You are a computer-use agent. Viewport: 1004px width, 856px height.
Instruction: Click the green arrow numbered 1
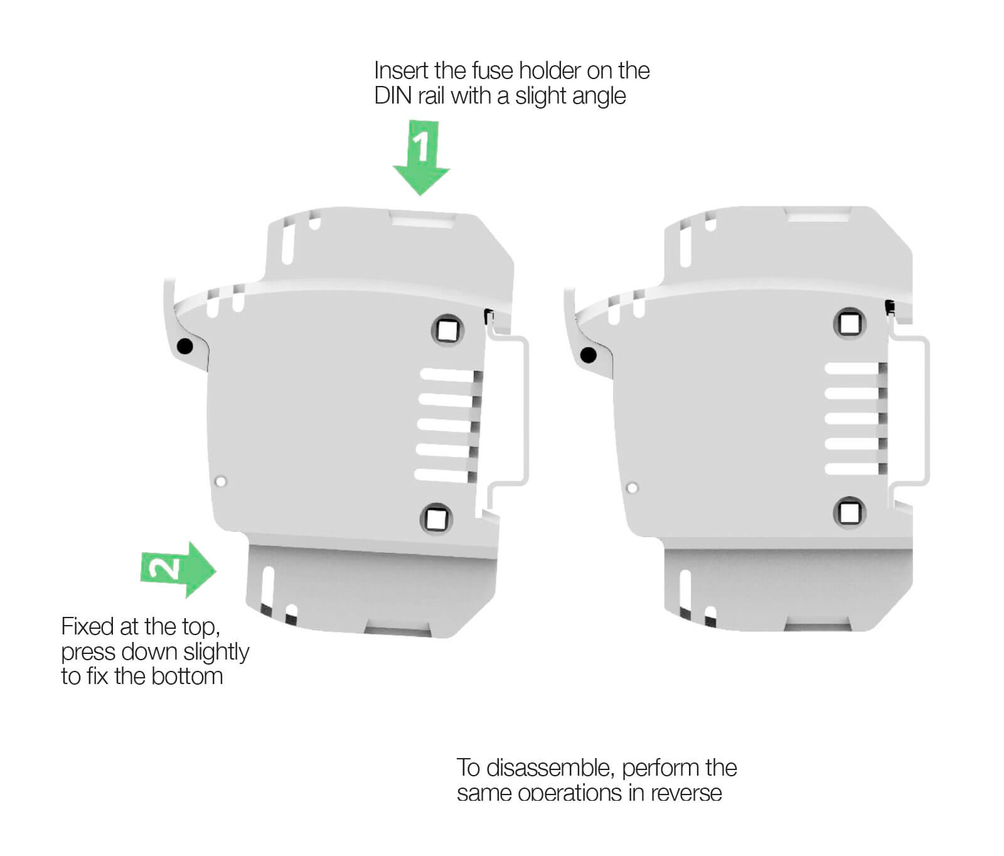(421, 159)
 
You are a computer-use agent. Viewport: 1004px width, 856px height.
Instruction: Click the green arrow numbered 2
(179, 569)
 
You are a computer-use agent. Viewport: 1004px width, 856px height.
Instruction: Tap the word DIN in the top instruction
(392, 96)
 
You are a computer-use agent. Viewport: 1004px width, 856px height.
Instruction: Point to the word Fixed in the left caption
(87, 626)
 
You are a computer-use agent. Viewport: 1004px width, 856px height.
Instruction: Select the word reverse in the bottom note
(686, 794)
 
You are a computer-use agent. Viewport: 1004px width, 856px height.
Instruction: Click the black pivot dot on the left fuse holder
(185, 346)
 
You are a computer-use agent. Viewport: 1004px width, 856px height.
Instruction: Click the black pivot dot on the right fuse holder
(589, 355)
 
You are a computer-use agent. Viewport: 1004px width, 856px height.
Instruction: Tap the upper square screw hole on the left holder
(448, 329)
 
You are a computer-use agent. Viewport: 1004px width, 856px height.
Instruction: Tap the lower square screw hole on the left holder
(435, 518)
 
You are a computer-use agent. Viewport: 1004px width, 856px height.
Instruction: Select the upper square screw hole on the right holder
(850, 324)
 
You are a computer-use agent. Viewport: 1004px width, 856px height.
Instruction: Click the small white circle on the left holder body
(220, 481)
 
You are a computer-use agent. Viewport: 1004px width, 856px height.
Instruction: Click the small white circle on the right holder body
(632, 488)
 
